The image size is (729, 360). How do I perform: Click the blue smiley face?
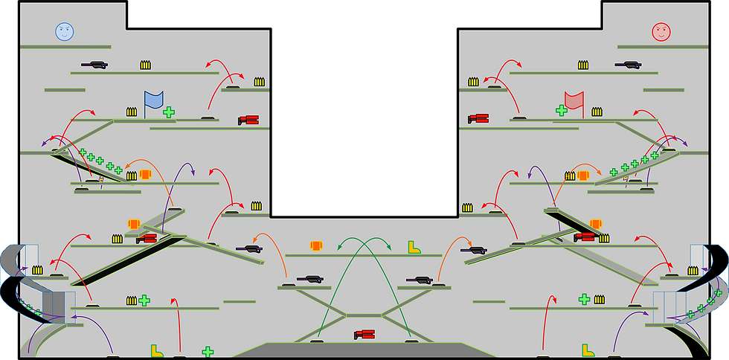tap(65, 32)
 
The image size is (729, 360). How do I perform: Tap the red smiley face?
tap(661, 32)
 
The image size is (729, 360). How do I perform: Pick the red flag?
tap(574, 100)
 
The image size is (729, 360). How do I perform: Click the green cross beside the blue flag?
tap(169, 112)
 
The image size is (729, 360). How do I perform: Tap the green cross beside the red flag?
tap(562, 110)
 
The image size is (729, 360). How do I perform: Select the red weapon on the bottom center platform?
tap(364, 335)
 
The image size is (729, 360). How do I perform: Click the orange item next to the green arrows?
tap(316, 245)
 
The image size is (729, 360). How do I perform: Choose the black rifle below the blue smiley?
tap(94, 65)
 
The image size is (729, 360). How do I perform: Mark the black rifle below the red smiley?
tap(629, 65)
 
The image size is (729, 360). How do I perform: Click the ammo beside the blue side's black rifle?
tap(145, 65)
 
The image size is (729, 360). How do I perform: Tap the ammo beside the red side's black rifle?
tap(583, 65)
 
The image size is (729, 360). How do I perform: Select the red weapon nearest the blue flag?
tap(248, 120)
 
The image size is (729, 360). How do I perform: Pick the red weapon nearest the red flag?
tap(478, 118)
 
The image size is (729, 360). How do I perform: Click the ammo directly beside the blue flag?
tap(132, 112)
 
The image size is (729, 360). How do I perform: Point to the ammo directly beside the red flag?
tap(597, 112)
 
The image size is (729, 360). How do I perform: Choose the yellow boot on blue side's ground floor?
tap(157, 350)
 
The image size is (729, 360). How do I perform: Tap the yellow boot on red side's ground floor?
tap(588, 349)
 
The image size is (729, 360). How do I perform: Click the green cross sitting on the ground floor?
tap(208, 351)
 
